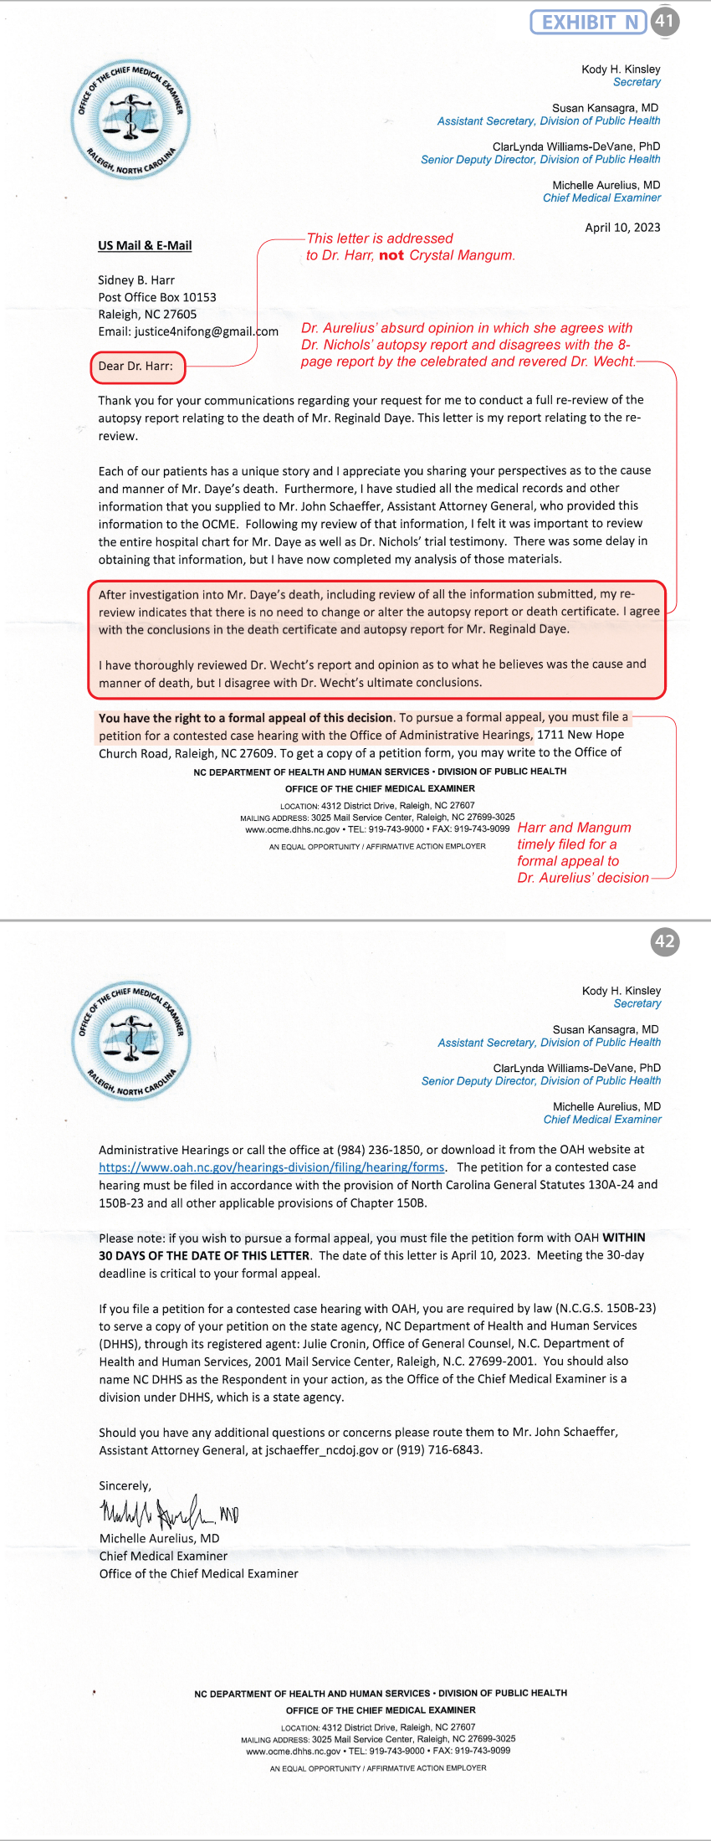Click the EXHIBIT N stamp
click(x=588, y=22)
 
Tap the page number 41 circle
click(x=664, y=21)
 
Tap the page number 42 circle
click(x=664, y=941)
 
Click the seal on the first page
click(x=130, y=119)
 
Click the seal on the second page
click(x=131, y=1040)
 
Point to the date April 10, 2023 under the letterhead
click(x=622, y=228)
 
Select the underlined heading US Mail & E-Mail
click(x=145, y=245)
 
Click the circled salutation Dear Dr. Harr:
click(x=136, y=366)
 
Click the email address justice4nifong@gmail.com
click(x=206, y=331)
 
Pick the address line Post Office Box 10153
click(x=157, y=297)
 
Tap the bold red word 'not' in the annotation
click(x=391, y=255)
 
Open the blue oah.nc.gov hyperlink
click(x=272, y=1167)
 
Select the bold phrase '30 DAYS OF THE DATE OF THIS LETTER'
click(x=205, y=1255)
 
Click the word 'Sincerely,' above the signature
click(x=125, y=1485)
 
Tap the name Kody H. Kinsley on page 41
click(x=621, y=69)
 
